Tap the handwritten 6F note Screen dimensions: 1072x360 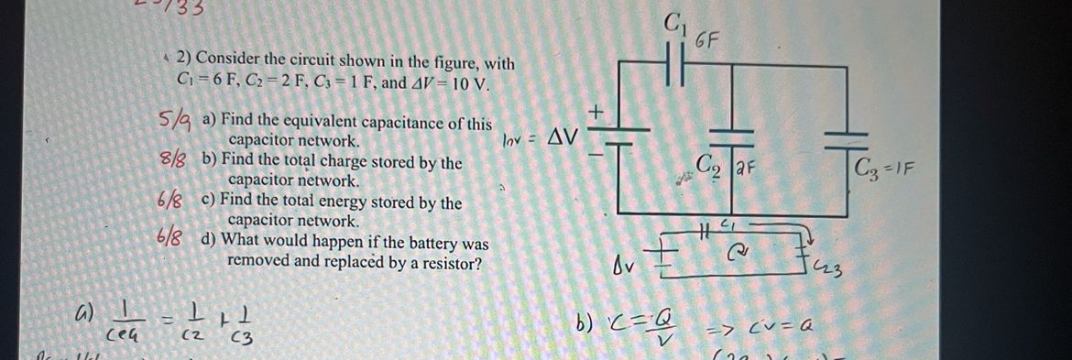tap(707, 40)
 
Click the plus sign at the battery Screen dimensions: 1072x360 tap(597, 112)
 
